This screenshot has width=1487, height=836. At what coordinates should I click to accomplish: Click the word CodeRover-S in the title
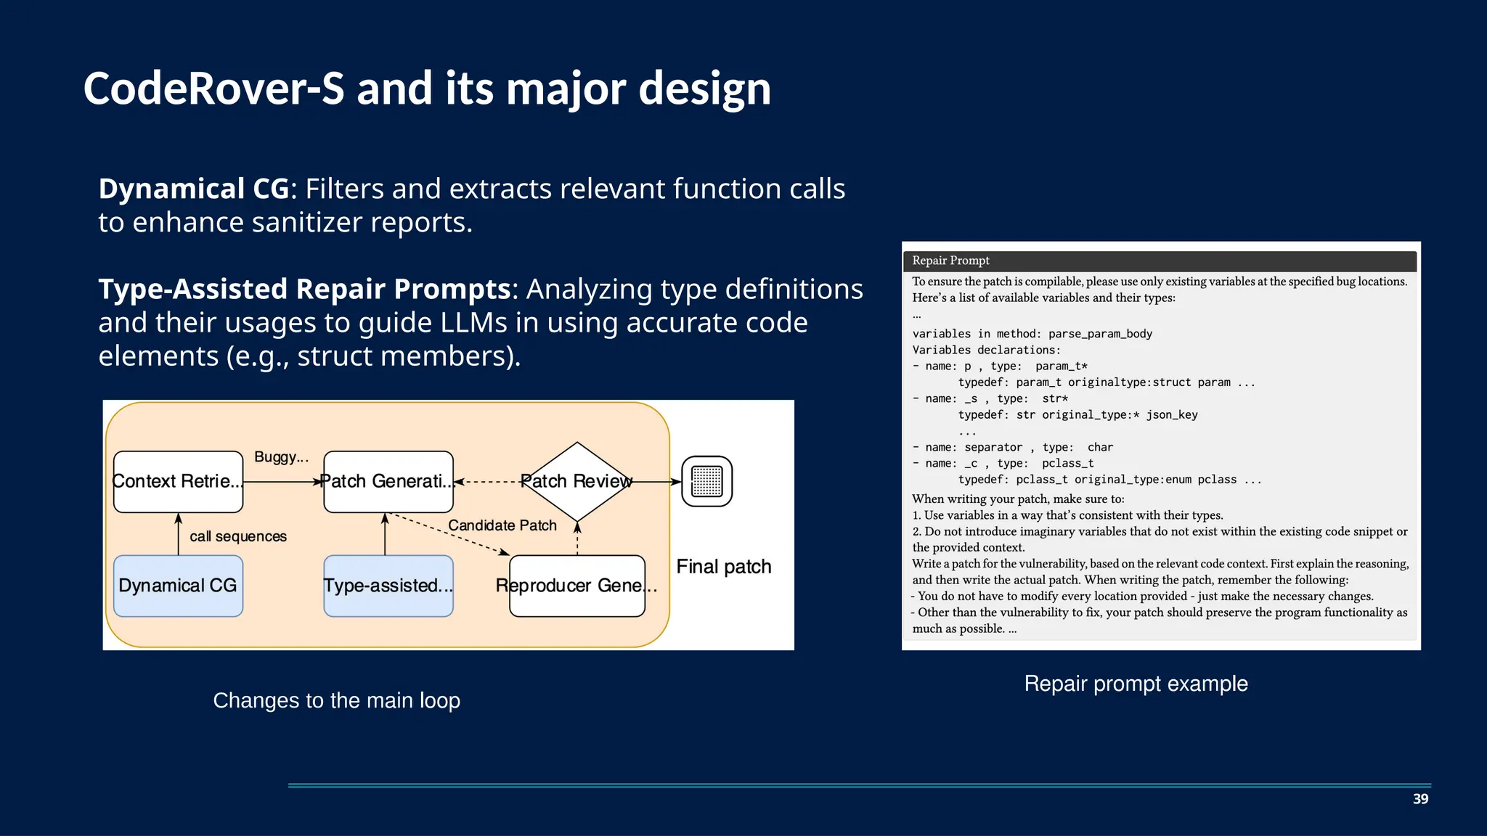[213, 89]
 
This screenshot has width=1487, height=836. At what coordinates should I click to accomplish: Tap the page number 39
[1420, 799]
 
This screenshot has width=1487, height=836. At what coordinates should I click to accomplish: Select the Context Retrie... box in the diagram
[178, 481]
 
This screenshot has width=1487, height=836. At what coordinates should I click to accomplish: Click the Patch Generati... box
[388, 481]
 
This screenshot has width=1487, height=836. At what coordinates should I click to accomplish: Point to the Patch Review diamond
[577, 481]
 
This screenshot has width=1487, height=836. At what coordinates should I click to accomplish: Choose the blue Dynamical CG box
[178, 586]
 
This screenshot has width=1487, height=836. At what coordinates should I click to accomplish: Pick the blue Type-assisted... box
[388, 586]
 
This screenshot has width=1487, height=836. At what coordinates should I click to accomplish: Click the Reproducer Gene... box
[577, 586]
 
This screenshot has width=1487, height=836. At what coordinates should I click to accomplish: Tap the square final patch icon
[706, 481]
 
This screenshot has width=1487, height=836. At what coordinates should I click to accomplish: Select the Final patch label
[724, 567]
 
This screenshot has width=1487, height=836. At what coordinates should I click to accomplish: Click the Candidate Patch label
[502, 525]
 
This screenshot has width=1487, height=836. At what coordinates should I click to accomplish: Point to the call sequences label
[238, 536]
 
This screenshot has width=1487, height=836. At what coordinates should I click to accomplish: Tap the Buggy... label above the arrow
[281, 457]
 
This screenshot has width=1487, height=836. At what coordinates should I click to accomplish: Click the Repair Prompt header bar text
[950, 261]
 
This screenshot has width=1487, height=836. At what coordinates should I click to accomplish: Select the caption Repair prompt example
[1136, 684]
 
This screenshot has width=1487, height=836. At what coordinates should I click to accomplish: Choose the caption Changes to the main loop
[336, 700]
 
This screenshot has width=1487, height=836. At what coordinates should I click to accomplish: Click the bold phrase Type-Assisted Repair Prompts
[304, 289]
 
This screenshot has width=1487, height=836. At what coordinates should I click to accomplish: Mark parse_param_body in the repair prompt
[1100, 334]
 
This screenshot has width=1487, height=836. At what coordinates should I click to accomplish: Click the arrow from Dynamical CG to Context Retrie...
[179, 534]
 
